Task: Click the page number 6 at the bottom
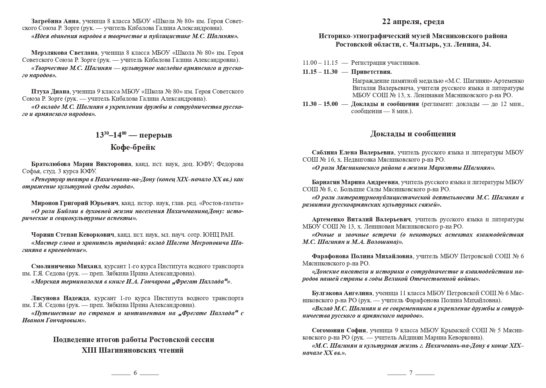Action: click(x=135, y=373)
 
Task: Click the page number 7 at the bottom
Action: click(x=411, y=373)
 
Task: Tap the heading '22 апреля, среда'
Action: click(x=413, y=22)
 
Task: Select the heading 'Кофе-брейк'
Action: click(x=133, y=147)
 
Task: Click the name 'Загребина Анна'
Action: click(x=55, y=21)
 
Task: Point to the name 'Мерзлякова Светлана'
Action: click(x=64, y=53)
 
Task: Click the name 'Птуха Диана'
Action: click(x=50, y=92)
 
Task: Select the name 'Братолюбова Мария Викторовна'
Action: click(x=81, y=164)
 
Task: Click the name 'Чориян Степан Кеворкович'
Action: click(x=73, y=234)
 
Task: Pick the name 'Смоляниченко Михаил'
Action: click(x=66, y=266)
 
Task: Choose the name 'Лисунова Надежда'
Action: click(x=60, y=298)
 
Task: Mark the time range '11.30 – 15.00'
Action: click(x=320, y=104)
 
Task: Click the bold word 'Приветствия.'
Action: click(x=371, y=72)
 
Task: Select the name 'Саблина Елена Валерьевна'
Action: click(x=353, y=153)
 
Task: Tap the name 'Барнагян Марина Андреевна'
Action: click(x=355, y=182)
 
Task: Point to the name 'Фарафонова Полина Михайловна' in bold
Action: click(x=362, y=256)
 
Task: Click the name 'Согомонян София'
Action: click(x=339, y=330)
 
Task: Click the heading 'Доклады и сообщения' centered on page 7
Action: click(x=413, y=134)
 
